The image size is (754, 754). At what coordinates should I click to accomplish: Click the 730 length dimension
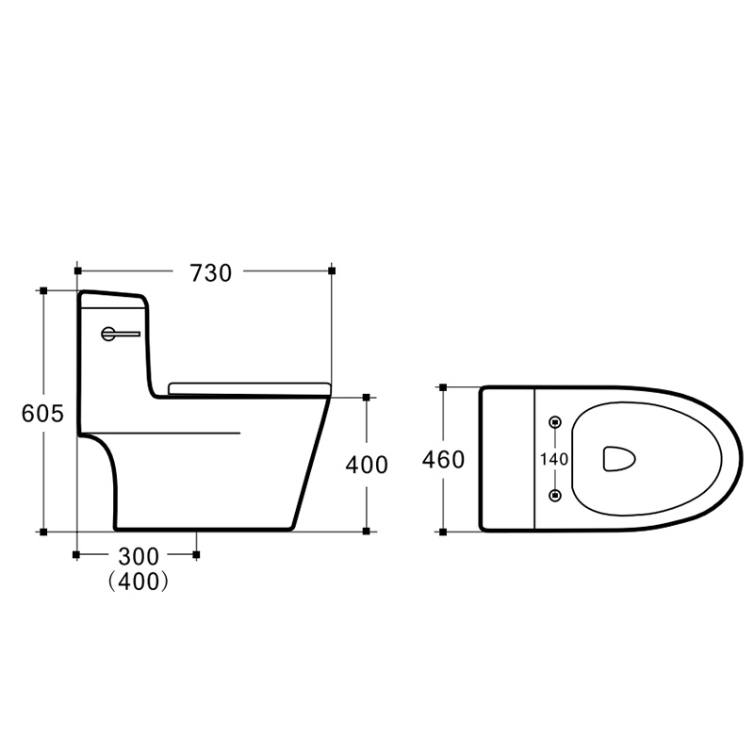pos(210,273)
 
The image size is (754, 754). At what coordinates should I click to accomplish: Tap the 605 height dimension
pos(42,413)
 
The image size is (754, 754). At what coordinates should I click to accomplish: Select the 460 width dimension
pos(443,459)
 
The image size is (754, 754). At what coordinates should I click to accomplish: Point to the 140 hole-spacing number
pos(554,459)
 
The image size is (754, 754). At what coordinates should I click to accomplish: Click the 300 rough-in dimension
pos(139,556)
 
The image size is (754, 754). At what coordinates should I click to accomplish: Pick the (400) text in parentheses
pos(138,582)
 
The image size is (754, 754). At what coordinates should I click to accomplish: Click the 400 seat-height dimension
pos(367,465)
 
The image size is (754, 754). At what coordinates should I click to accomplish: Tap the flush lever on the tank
pos(120,334)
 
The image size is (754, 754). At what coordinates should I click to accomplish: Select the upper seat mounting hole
pos(555,422)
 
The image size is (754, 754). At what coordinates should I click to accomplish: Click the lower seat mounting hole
pos(555,494)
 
